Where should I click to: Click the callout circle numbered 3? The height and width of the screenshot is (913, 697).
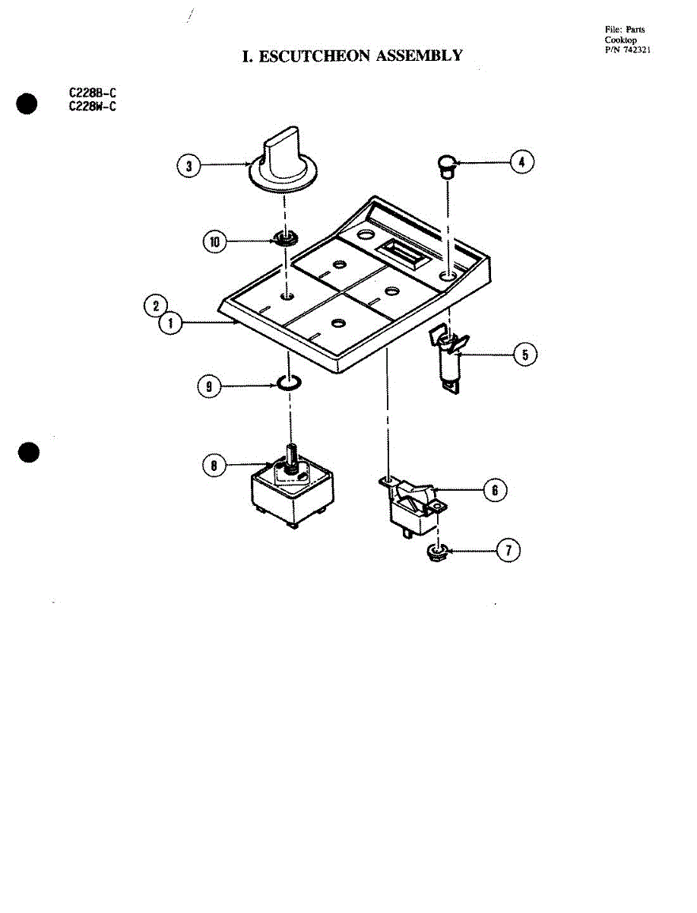pos(189,166)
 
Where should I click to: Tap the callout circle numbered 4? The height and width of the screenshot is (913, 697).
pos(521,162)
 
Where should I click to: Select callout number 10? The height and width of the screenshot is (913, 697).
pos(215,242)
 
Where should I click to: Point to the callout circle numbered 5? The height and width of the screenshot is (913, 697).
pos(525,355)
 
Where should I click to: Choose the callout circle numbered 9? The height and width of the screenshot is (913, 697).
pos(209,387)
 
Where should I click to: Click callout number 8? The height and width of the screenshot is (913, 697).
pos(214,465)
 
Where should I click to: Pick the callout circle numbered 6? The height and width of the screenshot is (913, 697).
pos(495,491)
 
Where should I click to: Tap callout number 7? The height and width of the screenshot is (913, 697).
pos(508,550)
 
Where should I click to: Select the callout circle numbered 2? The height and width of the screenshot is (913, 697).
pos(156,306)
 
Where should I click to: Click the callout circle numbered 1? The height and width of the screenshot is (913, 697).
pos(170,323)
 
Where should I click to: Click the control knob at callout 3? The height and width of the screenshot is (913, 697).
pos(283,160)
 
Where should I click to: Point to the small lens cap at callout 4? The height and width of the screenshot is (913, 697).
pos(447,167)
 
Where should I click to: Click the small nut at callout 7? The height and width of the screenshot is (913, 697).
pos(437,553)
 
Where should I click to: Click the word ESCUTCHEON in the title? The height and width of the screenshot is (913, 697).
pos(315,56)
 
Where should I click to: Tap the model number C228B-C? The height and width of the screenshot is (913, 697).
pos(92,93)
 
